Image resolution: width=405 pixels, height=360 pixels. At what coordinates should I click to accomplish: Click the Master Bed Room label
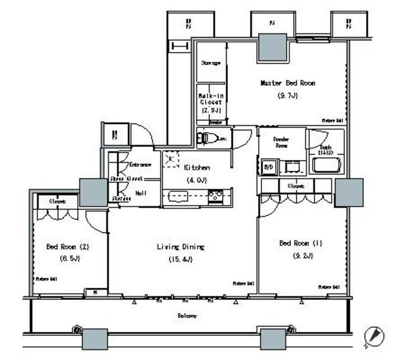(x=288, y=83)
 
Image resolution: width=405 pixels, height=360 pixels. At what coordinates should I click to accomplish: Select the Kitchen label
(x=197, y=168)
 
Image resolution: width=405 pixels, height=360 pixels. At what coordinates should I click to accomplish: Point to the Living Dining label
(x=181, y=247)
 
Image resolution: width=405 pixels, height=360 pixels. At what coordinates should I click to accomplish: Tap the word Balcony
(x=186, y=315)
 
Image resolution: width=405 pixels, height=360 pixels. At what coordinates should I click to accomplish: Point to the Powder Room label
(x=282, y=141)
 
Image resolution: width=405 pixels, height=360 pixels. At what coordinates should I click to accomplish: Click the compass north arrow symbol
(x=373, y=336)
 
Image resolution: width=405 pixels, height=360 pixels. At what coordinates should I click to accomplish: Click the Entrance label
(x=140, y=164)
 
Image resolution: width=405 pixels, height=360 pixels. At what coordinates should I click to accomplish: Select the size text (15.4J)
(x=180, y=259)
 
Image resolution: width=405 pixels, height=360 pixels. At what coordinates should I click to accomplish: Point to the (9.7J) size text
(x=287, y=96)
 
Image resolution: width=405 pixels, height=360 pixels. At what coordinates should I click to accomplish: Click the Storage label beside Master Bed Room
(x=211, y=63)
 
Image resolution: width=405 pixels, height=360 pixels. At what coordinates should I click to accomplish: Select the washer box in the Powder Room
(x=268, y=167)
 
